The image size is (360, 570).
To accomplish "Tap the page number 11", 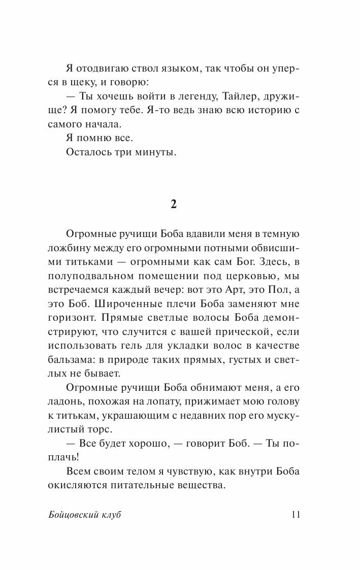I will pyautogui.click(x=296, y=514).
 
